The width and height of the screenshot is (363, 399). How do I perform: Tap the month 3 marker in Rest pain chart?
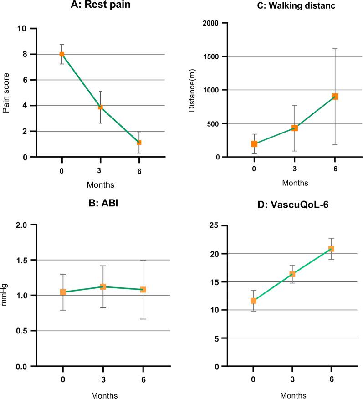point(100,107)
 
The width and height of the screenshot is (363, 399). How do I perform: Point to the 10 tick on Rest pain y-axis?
point(20,29)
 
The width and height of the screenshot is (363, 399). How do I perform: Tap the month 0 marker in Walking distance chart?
point(254,144)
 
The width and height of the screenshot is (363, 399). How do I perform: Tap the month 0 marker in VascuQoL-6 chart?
point(253,301)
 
